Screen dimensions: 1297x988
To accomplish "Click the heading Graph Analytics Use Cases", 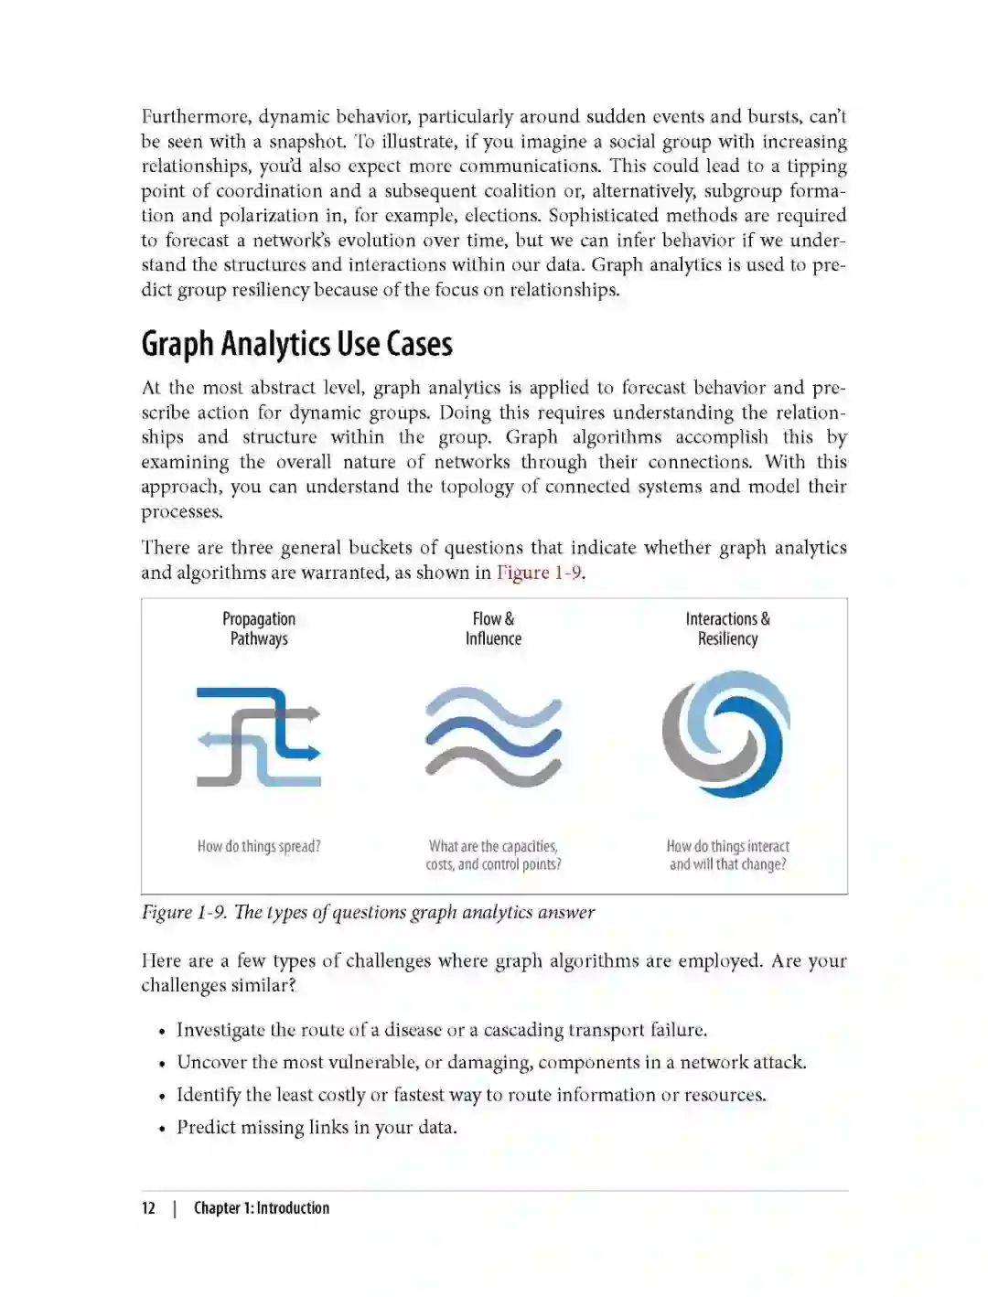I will (296, 345).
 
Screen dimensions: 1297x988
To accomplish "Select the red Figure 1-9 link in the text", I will (539, 573).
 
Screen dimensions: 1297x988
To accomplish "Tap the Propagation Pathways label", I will (259, 628).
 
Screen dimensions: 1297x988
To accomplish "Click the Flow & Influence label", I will (493, 628).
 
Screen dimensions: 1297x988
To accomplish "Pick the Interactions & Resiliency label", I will (727, 628).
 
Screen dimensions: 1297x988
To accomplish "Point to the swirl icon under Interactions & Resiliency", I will (725, 734).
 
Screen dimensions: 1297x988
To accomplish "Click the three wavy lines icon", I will (493, 736).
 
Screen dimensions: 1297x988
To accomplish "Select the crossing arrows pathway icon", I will (259, 736).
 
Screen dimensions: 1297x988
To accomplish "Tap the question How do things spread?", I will (259, 846).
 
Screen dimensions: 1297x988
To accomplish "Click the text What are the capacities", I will (493, 846).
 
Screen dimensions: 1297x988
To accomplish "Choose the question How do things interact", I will (727, 846).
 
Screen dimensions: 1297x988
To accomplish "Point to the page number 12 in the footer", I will (148, 1208).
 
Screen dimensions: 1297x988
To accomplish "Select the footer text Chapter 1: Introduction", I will (262, 1208).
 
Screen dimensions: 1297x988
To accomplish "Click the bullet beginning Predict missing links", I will (317, 1128).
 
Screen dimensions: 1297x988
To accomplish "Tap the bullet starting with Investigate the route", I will (441, 1030).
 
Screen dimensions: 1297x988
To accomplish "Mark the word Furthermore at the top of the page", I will (195, 117).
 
